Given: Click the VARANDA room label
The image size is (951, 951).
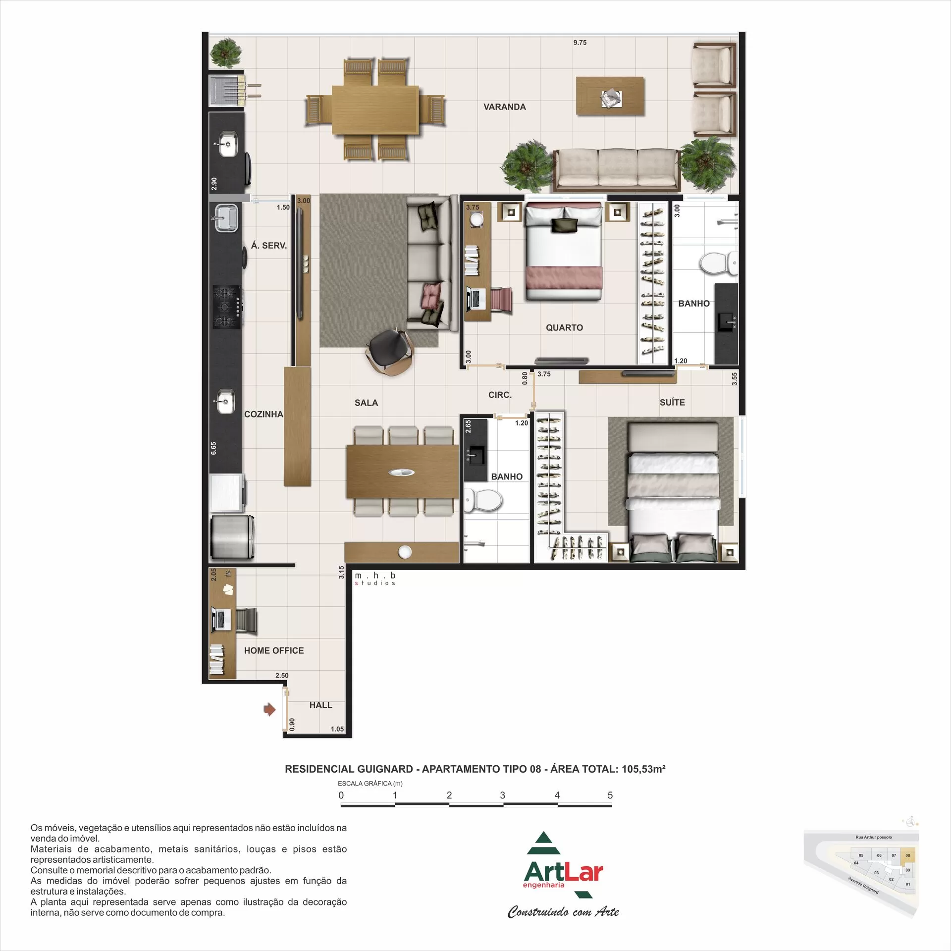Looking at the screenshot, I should pos(504,107).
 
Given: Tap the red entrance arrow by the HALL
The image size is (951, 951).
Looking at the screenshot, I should pos(269,710).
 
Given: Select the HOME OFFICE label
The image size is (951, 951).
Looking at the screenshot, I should pos(273,650).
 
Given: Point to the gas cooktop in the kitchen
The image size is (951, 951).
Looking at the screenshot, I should pos(227,307).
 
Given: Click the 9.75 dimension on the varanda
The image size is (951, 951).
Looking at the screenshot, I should pos(580,43).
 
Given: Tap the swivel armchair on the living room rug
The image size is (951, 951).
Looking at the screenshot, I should pos(389,351).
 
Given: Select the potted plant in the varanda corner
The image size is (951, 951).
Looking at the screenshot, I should pos(225,53).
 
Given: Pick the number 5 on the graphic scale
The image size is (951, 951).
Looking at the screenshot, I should pos(610,795).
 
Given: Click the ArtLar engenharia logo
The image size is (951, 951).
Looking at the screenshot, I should pos(563,872).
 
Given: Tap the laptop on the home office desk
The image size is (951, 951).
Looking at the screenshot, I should pos(221,620).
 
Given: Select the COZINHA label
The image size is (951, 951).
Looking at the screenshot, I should pos(264,414).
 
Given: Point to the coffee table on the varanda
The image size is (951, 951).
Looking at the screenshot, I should pos(610,96).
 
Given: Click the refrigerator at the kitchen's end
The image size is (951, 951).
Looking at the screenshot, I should pos(232,537).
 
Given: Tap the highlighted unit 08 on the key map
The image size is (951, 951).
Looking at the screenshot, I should pos(907,855).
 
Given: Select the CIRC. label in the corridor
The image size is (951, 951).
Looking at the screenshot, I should pos(500,395).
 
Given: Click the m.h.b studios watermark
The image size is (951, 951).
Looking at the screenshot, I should pos(375,579).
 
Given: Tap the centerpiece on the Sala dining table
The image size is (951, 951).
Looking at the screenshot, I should pos(401,472).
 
